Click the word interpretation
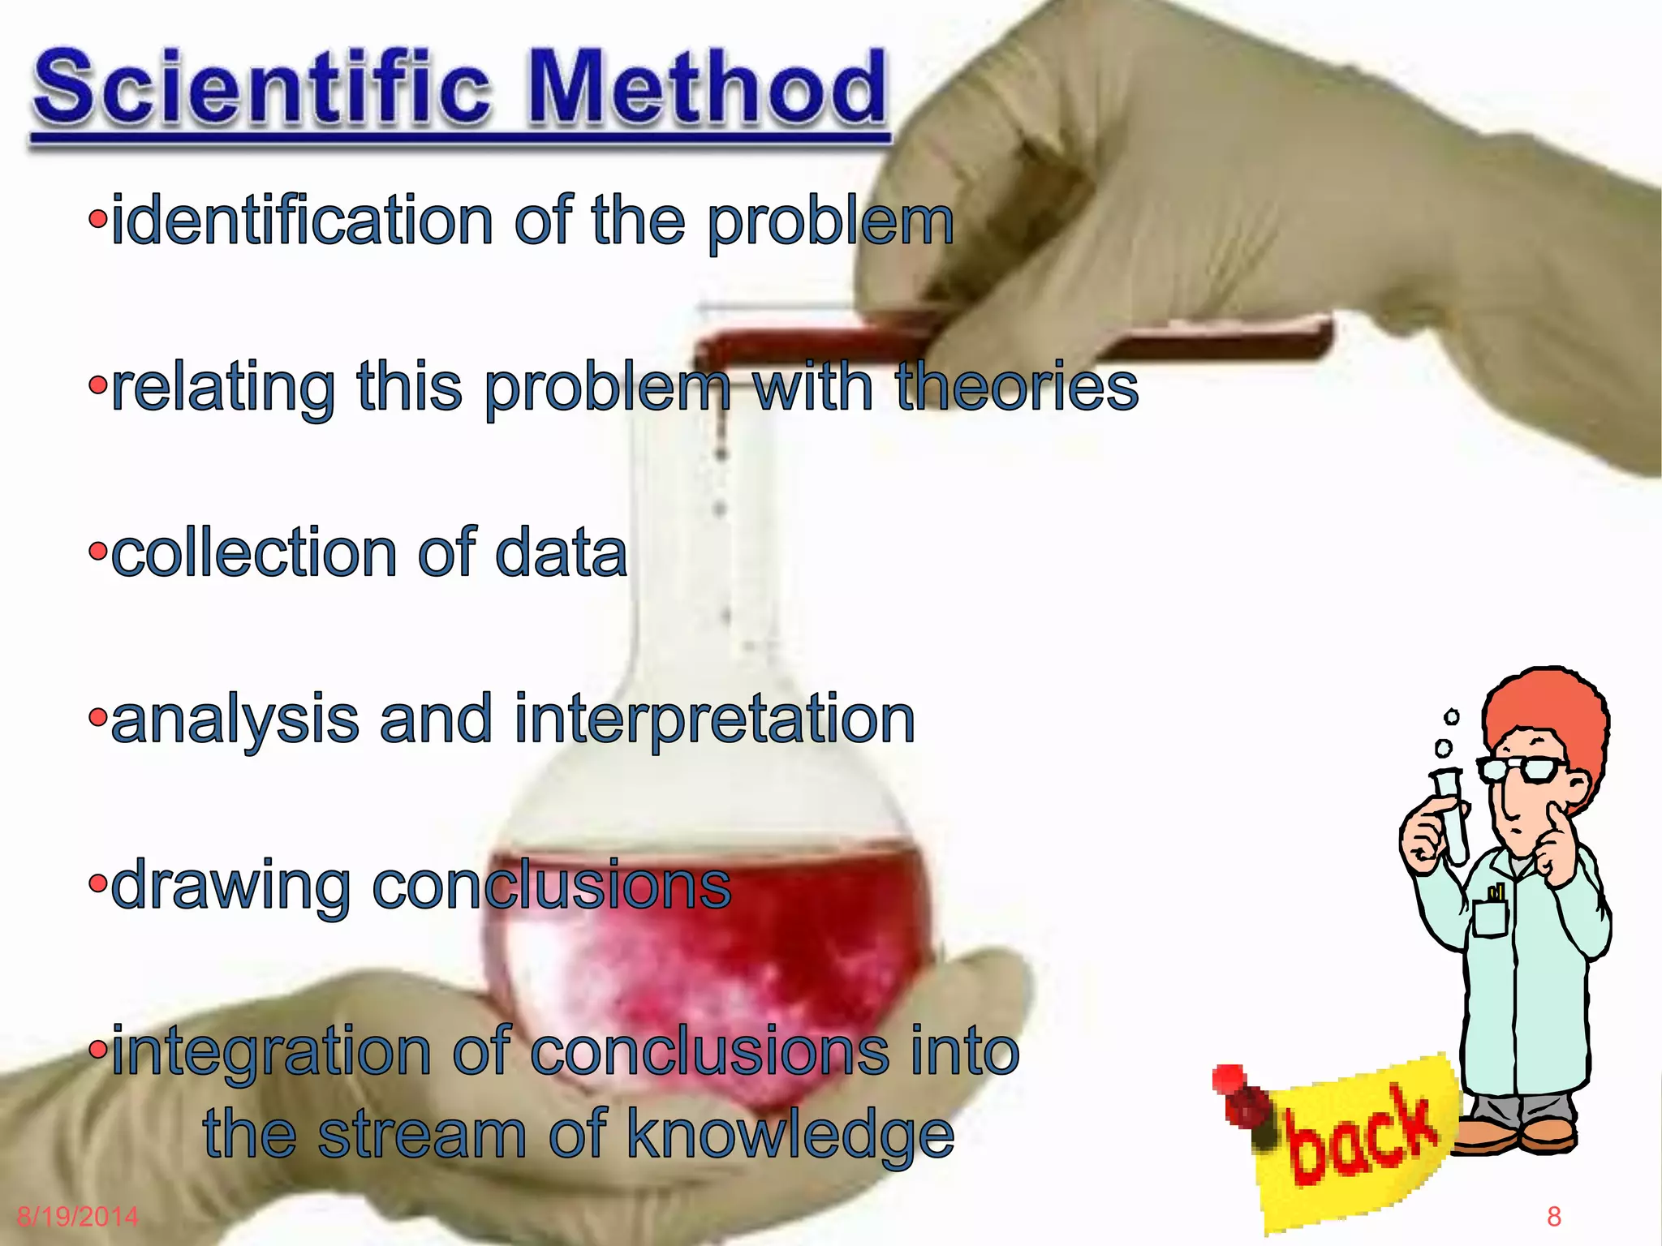pyautogui.click(x=714, y=720)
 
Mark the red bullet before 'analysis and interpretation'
pyautogui.click(x=97, y=719)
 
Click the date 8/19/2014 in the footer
pyautogui.click(x=78, y=1217)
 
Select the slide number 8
pyautogui.click(x=1553, y=1217)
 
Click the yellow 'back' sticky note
pyautogui.click(x=1363, y=1144)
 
